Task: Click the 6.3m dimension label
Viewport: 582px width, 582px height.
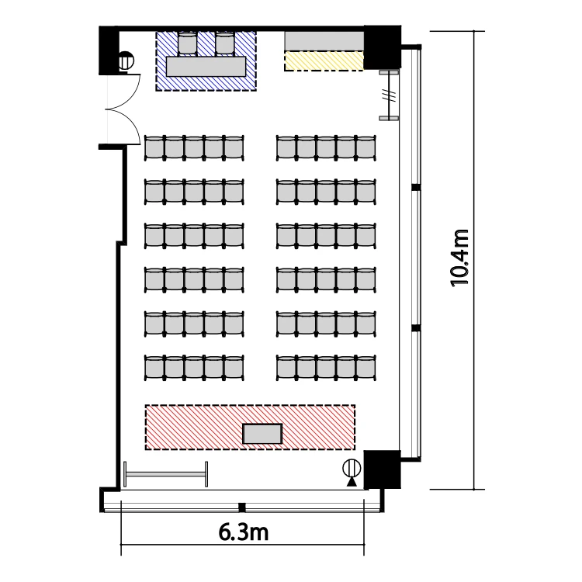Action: [x=243, y=532]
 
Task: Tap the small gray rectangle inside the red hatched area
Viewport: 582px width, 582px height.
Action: [x=262, y=434]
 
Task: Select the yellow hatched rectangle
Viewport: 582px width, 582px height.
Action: [x=324, y=61]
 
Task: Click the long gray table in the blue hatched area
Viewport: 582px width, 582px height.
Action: [x=206, y=67]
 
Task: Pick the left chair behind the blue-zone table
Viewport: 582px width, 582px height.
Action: [x=188, y=43]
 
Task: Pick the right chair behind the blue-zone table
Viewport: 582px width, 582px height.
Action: [x=224, y=43]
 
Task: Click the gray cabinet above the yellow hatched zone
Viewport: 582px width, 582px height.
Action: [x=324, y=41]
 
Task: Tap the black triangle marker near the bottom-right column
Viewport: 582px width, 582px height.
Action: [x=352, y=482]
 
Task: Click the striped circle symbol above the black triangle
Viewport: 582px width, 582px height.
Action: [x=352, y=468]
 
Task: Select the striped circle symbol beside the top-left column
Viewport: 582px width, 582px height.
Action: [x=126, y=61]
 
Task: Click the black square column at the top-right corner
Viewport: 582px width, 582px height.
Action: [x=382, y=47]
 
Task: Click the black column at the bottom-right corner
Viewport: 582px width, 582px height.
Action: [x=382, y=469]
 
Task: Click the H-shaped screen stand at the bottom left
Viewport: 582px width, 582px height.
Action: [x=165, y=474]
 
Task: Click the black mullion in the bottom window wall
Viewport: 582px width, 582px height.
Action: [x=242, y=507]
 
